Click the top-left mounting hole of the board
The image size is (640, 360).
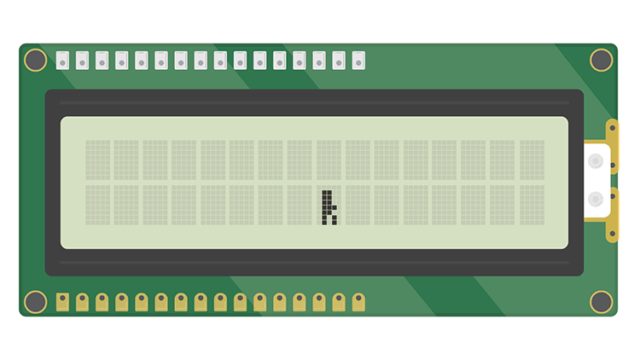coord(36,60)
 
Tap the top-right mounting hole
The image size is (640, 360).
coord(601,60)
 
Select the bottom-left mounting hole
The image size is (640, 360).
coord(36,301)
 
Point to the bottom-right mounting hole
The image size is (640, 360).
coord(601,301)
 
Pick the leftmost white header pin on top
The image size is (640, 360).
coord(62,60)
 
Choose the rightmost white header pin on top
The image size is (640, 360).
coord(358,60)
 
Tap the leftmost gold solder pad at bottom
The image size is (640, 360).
coord(62,302)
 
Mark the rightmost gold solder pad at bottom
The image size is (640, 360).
coord(358,302)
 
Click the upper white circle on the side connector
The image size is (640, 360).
coord(596,160)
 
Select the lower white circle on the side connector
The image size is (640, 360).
coord(596,199)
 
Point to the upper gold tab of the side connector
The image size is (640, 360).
coord(613,132)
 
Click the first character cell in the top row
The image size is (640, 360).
coord(97,160)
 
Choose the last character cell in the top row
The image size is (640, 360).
coord(532,160)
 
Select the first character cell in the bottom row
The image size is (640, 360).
coord(97,206)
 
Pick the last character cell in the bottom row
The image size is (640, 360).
coord(532,206)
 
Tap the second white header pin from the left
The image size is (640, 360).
coord(82,60)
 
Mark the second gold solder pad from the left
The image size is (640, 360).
coord(82,302)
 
